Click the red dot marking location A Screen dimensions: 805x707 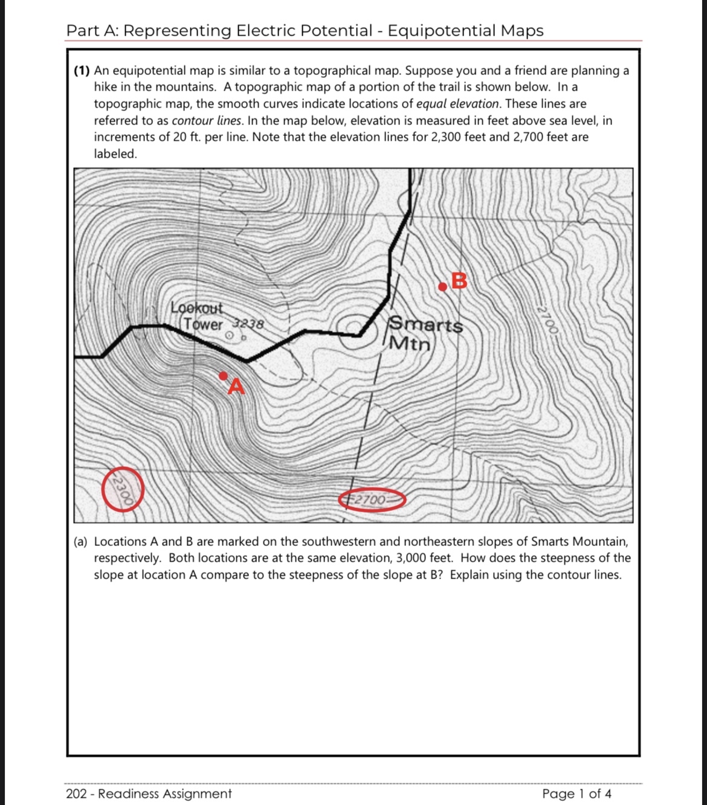(x=223, y=376)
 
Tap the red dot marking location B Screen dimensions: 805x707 (x=443, y=287)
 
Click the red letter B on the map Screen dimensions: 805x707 (x=459, y=281)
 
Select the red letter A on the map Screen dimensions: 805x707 (x=236, y=386)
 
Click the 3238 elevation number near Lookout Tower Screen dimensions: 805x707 (x=249, y=324)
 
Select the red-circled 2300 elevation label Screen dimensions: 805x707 (x=123, y=489)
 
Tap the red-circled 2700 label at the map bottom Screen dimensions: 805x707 (x=370, y=500)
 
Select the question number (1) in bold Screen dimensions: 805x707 (x=82, y=71)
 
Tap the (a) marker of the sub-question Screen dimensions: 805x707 (x=80, y=542)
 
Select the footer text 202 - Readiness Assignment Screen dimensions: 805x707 (x=149, y=794)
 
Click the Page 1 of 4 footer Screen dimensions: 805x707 (x=576, y=794)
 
